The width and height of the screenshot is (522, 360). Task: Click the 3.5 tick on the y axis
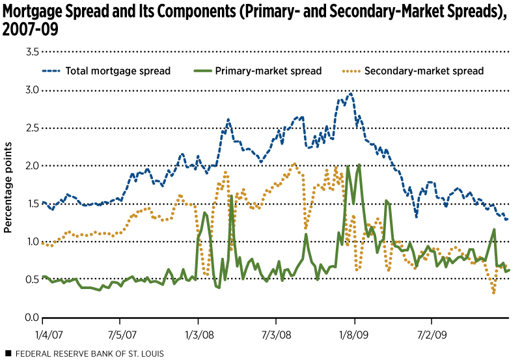click(x=31, y=51)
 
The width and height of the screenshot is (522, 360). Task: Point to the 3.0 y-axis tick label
click(x=31, y=90)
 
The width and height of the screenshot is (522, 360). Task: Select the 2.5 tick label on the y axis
click(x=31, y=128)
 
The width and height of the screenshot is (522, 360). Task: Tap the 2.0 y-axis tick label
click(x=31, y=165)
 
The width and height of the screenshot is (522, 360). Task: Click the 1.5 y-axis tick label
click(x=31, y=204)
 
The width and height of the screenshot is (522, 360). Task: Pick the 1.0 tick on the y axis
click(x=31, y=242)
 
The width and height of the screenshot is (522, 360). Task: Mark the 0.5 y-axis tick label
click(x=31, y=280)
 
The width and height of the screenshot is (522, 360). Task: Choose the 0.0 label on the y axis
click(x=31, y=318)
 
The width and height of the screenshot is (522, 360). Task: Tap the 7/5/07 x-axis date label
click(x=120, y=331)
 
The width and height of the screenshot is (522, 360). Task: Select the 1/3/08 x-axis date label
click(x=198, y=331)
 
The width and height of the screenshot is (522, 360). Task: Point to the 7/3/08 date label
click(x=276, y=331)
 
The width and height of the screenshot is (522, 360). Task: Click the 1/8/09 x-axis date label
click(x=354, y=331)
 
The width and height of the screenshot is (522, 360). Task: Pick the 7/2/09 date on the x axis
click(x=432, y=331)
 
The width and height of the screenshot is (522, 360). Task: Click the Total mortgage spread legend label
click(x=118, y=70)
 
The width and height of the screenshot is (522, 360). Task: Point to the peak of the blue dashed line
click(x=351, y=94)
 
